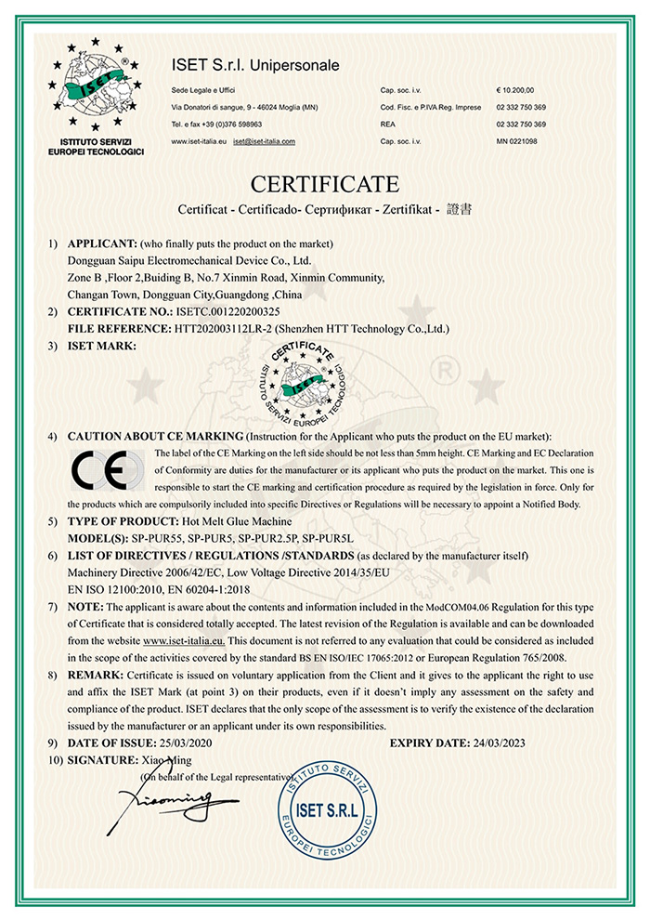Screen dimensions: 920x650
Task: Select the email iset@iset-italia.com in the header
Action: click(x=265, y=141)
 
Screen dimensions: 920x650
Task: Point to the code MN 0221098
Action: click(x=517, y=141)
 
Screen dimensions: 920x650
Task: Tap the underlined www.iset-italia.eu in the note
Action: click(x=185, y=641)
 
